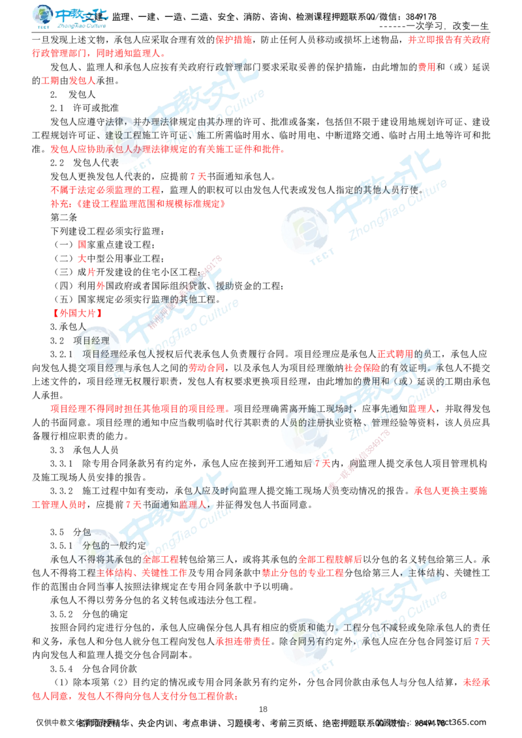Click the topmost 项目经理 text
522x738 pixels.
[x=91, y=340]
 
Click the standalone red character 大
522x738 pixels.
[x=82, y=258]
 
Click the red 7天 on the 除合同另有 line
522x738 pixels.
[x=483, y=642]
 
